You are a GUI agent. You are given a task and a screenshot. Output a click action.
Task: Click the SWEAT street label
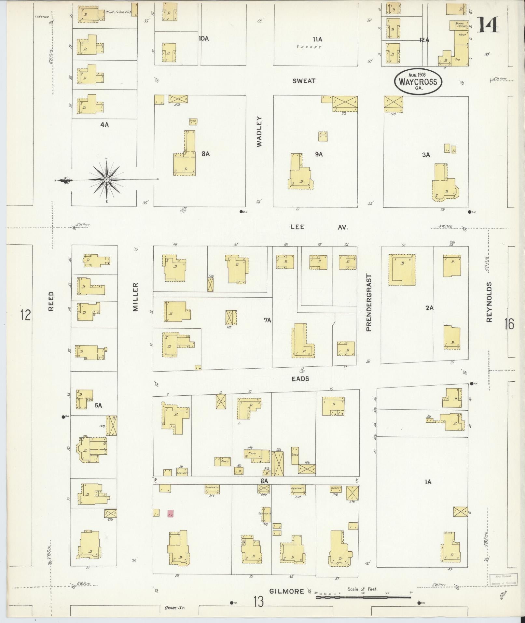[304, 81]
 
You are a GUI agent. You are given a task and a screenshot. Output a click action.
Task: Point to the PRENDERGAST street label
[368, 303]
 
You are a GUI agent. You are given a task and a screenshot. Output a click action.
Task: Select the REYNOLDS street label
[489, 302]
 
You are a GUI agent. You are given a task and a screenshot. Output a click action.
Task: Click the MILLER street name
[136, 297]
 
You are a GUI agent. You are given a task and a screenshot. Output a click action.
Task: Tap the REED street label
[51, 301]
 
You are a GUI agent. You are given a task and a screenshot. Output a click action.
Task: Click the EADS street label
[300, 379]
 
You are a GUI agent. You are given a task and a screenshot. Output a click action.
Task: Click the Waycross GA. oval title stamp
[418, 82]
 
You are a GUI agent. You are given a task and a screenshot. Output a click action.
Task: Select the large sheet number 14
[488, 25]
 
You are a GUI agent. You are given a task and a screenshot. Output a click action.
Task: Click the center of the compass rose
[107, 179]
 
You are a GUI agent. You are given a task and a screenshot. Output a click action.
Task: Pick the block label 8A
[205, 154]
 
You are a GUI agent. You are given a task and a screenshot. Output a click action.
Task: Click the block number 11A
[317, 39]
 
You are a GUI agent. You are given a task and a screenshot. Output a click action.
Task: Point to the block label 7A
[268, 320]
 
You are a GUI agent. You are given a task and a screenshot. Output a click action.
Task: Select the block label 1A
[428, 482]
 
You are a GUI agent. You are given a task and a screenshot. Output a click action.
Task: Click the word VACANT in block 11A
[309, 47]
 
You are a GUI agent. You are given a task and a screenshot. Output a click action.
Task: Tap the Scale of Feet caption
[362, 589]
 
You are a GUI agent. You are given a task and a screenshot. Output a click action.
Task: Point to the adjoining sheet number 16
[509, 324]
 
